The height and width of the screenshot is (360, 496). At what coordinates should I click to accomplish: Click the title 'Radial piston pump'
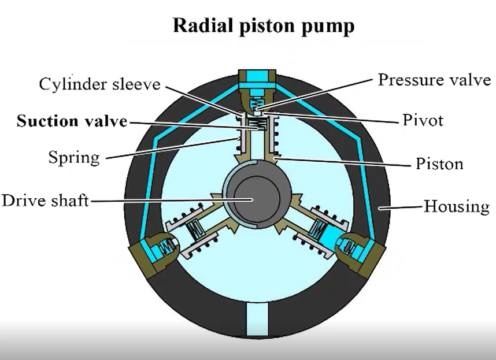coord(263,26)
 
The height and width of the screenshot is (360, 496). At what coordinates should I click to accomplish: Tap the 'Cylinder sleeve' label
coord(99,84)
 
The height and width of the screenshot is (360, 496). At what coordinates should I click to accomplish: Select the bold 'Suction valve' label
coord(72,121)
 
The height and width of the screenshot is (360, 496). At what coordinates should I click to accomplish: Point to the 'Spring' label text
coord(74,157)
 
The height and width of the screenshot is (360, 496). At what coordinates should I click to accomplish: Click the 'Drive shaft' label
coord(45,201)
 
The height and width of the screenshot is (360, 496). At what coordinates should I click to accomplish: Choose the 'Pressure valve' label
coord(434,80)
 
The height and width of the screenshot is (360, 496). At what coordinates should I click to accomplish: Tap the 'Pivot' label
coord(423,121)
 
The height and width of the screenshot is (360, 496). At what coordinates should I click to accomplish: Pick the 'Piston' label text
coord(439,164)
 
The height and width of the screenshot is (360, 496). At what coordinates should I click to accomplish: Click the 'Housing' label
coord(457,206)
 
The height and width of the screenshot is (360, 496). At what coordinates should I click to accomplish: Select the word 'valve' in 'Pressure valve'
coord(469,80)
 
